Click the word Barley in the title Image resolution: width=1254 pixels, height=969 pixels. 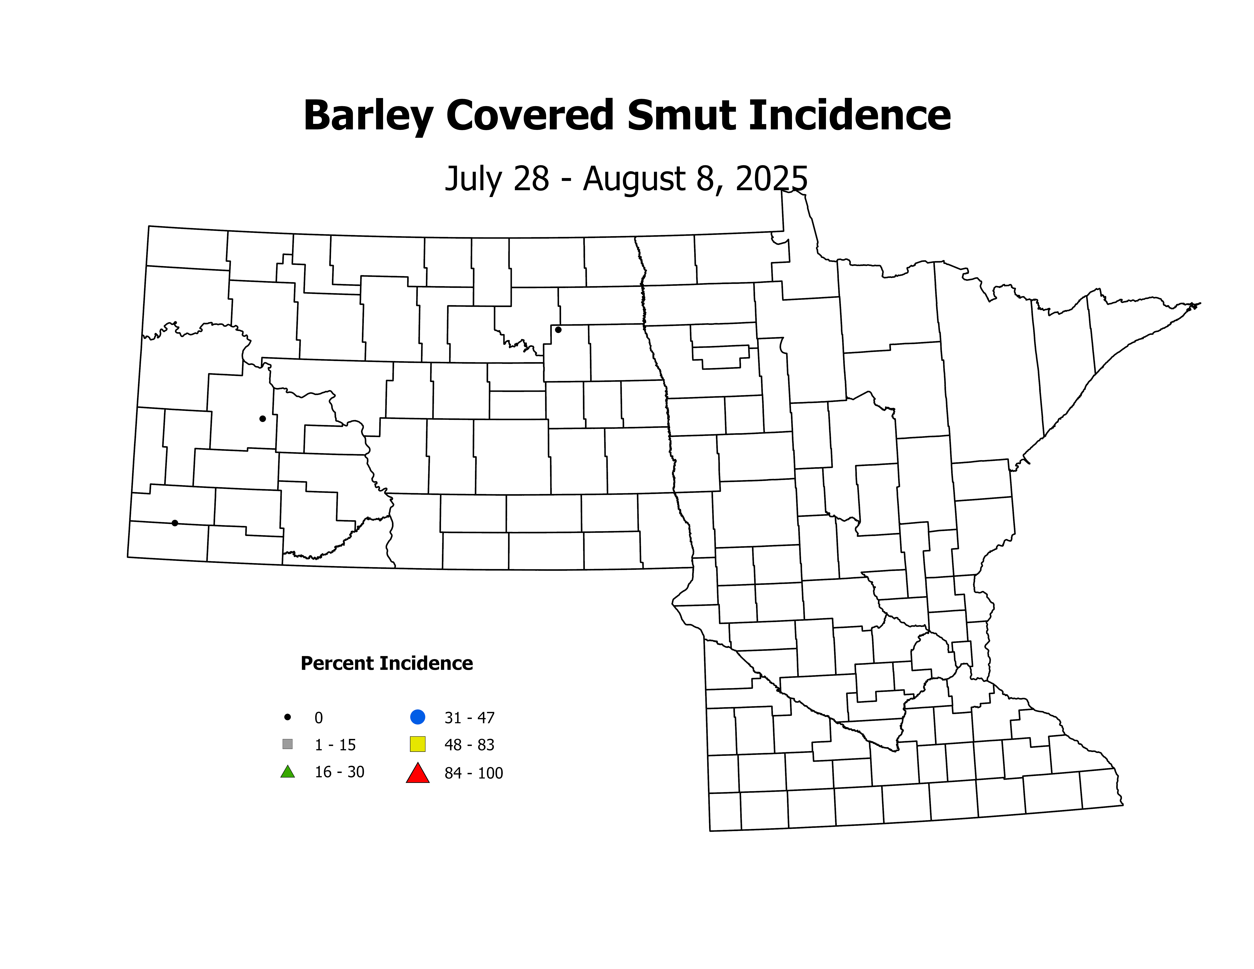(x=367, y=116)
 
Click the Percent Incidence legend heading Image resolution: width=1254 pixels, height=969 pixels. (x=386, y=664)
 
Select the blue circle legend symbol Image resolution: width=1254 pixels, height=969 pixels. (x=417, y=717)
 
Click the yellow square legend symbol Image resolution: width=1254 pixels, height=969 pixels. (x=417, y=744)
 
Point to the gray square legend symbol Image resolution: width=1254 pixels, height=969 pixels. (x=288, y=744)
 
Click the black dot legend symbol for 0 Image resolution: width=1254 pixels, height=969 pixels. (x=288, y=717)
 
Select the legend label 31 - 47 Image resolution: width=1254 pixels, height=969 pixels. (x=469, y=718)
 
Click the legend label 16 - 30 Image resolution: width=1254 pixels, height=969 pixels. (x=339, y=772)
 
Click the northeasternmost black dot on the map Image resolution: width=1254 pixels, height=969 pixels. (x=558, y=329)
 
